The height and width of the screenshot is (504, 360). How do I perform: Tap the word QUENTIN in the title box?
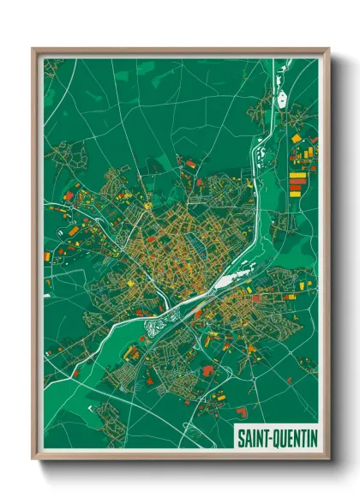[293, 438]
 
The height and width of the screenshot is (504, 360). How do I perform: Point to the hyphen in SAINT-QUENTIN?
[268, 438]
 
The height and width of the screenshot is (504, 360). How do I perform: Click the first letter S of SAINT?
[241, 438]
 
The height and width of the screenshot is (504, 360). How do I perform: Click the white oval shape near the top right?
[282, 100]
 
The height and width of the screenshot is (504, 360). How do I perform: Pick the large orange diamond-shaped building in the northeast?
[297, 137]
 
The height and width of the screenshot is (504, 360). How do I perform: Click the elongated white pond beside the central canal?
[225, 280]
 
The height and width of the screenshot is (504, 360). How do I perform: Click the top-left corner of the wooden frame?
[33, 49]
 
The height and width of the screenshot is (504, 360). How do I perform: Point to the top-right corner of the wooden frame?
[329, 49]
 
